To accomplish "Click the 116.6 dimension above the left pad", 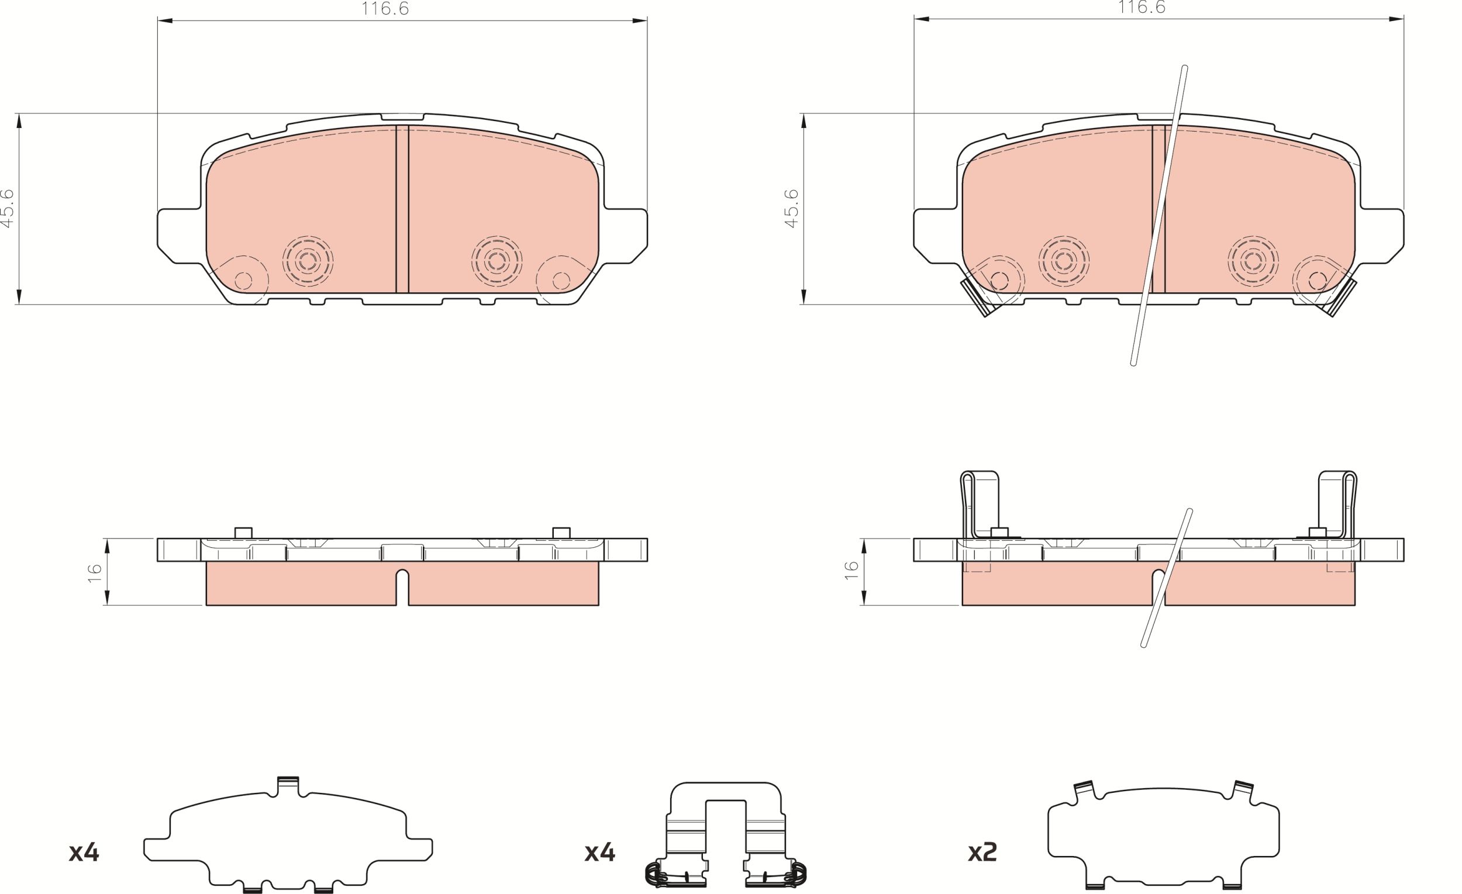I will (x=385, y=9).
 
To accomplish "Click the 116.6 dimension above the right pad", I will (x=1142, y=8).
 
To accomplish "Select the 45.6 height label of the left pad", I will (x=8, y=208).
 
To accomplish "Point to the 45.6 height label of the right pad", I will (x=792, y=208).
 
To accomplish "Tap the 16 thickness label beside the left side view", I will (x=95, y=573).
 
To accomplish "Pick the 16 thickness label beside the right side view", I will (x=851, y=570).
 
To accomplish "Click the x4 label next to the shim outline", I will (x=84, y=852).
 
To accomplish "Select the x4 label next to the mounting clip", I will (x=599, y=852).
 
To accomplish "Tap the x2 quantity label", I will (x=982, y=852).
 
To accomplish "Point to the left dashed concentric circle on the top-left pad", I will (x=308, y=261).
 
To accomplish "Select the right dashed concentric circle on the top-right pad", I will (x=1253, y=261).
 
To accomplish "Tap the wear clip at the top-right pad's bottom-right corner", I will (x=1340, y=298).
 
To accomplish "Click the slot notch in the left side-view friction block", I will (x=402, y=586).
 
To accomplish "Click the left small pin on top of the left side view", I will (x=243, y=533).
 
